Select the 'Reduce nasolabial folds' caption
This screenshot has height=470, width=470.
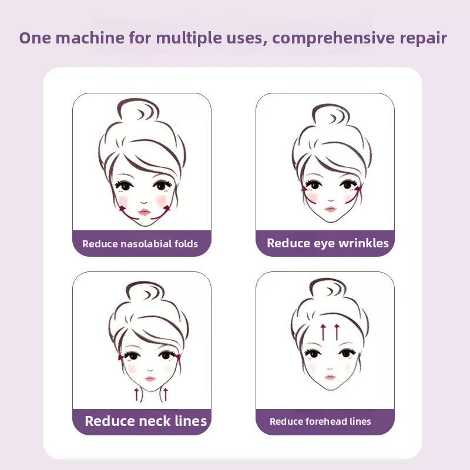[x=140, y=243]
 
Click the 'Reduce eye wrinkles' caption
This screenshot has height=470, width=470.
[x=327, y=243]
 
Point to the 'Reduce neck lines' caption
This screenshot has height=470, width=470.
[x=146, y=421]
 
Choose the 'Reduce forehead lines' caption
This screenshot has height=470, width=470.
[x=320, y=421]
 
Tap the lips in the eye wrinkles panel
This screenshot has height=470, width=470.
[x=331, y=209]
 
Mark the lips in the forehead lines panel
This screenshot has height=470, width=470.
[x=330, y=377]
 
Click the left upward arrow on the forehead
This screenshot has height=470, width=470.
[x=323, y=332]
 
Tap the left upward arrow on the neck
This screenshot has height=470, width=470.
[x=137, y=394]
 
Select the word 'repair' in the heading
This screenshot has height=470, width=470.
[x=424, y=38]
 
